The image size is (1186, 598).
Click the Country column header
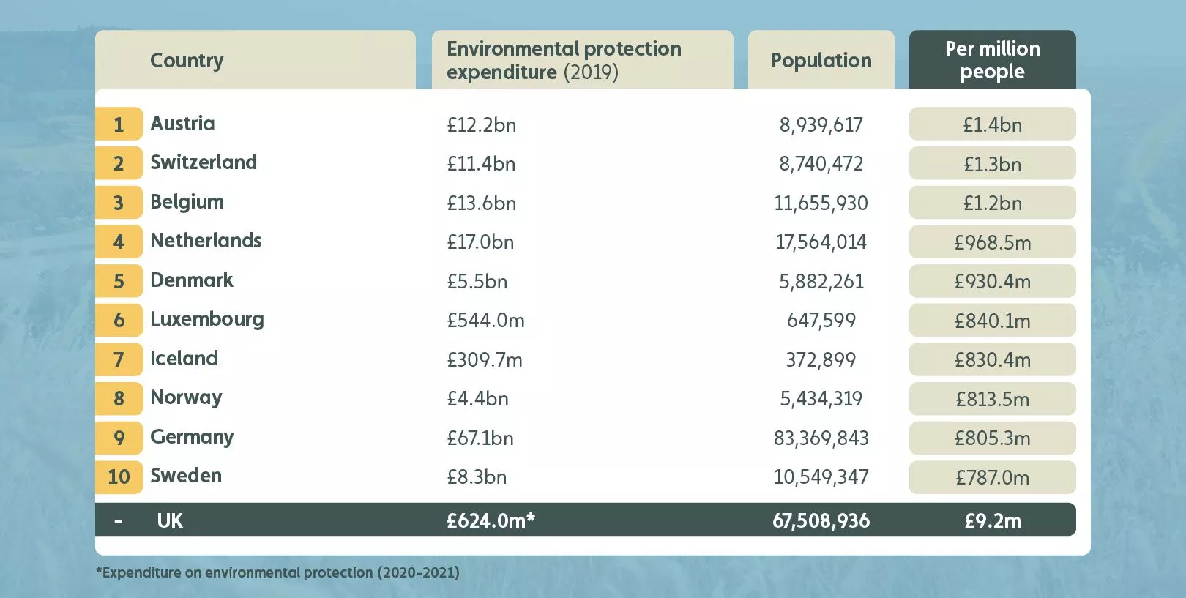point(187,60)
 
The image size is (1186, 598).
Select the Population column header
point(821,60)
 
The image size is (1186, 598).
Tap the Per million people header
point(992,60)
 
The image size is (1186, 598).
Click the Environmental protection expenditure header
point(564,60)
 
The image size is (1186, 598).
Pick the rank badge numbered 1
point(119,124)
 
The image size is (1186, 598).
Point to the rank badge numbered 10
point(119,477)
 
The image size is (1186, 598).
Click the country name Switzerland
point(204,162)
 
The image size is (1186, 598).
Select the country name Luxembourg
point(207,319)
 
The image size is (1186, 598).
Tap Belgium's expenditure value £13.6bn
point(482,203)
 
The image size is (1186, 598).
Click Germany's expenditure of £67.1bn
point(480,438)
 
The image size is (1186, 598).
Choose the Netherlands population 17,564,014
point(821,242)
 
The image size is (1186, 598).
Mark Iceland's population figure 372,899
point(821,359)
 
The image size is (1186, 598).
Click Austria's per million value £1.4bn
point(992,124)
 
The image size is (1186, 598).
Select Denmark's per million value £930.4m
point(992,281)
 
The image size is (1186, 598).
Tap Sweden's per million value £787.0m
point(992,477)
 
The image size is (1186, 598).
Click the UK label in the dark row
point(170,520)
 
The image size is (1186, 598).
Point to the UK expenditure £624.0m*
point(491,520)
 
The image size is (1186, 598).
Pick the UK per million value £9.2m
point(992,520)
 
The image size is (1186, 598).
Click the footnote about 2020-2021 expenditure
point(277,572)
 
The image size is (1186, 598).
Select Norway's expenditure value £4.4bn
point(477,399)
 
